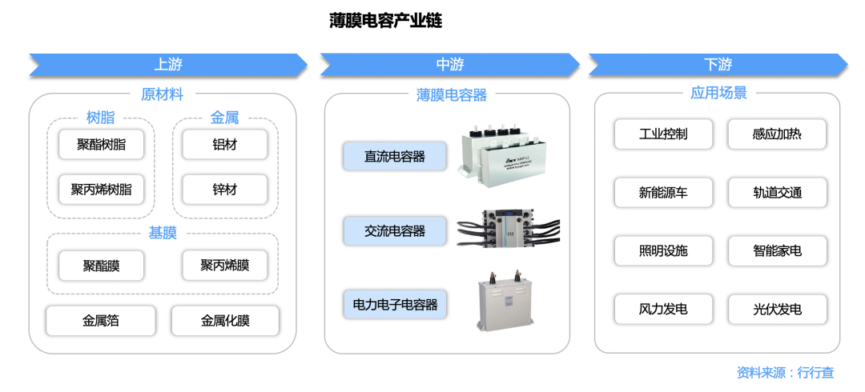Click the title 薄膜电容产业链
pyautogui.click(x=385, y=20)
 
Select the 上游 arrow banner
pyautogui.click(x=168, y=65)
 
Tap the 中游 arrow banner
pyautogui.click(x=449, y=65)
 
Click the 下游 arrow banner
pyautogui.click(x=718, y=65)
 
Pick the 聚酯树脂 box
pyautogui.click(x=101, y=145)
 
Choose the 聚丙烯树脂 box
pyautogui.click(x=101, y=190)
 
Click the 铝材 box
pyautogui.click(x=225, y=145)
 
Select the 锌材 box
pyautogui.click(x=225, y=190)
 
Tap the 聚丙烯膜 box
pyautogui.click(x=224, y=266)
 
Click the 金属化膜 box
pyautogui.click(x=225, y=321)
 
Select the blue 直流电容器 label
pyautogui.click(x=394, y=156)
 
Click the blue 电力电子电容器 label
pyautogui.click(x=395, y=304)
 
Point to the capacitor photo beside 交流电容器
pyautogui.click(x=508, y=227)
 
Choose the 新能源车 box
pyautogui.click(x=663, y=193)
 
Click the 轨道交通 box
pyautogui.click(x=777, y=193)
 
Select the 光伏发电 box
pyautogui.click(x=777, y=310)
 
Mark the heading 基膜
pyautogui.click(x=163, y=234)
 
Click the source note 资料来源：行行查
pyautogui.click(x=785, y=372)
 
